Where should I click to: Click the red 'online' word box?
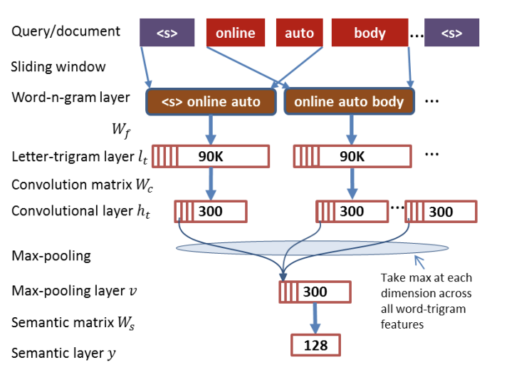(x=235, y=33)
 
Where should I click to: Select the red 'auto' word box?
(x=299, y=33)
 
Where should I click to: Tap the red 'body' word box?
(x=369, y=33)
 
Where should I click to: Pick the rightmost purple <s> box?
(x=451, y=33)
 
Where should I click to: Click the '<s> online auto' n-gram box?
(x=211, y=101)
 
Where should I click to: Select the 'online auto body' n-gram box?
(x=348, y=101)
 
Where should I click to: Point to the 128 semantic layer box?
(x=315, y=345)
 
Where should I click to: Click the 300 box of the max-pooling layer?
(x=315, y=292)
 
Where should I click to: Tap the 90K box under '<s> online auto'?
(x=211, y=156)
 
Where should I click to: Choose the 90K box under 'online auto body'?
(x=352, y=156)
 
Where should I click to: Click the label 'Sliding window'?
(x=58, y=67)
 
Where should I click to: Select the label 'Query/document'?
(x=66, y=31)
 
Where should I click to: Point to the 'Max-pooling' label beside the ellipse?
(x=51, y=255)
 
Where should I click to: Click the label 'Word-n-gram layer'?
(x=70, y=98)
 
